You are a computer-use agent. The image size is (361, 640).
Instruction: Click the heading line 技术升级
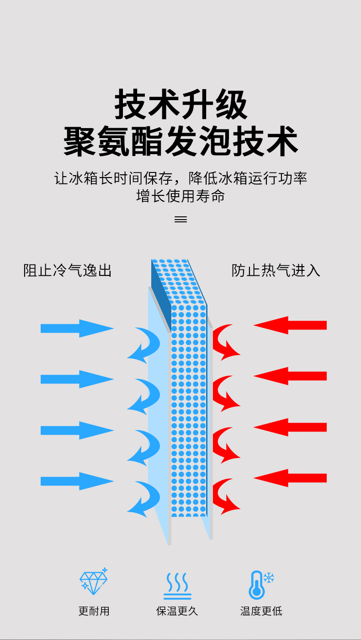coord(180,105)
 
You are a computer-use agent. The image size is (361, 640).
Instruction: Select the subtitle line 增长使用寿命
coord(180,196)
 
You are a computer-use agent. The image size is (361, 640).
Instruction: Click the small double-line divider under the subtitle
coord(180,220)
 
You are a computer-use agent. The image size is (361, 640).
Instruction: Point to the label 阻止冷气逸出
coord(68,270)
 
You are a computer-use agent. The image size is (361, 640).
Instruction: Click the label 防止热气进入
coord(276,270)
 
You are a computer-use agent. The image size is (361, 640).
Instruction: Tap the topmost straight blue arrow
coord(77,328)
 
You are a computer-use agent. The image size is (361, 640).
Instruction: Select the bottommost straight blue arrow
coord(77,481)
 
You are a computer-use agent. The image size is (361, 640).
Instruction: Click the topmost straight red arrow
coord(291,325)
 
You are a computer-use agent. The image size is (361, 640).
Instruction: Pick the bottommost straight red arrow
coord(291,478)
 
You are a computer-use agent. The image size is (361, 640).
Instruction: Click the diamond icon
coord(94,582)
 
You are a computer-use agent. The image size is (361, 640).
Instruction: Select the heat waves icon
coord(177,586)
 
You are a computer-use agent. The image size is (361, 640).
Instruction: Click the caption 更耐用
coord(94,611)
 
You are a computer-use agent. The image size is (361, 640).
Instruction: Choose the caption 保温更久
coord(177,611)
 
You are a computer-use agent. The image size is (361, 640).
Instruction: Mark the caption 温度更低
coord(261,611)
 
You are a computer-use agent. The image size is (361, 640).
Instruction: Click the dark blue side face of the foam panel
coord(161,293)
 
